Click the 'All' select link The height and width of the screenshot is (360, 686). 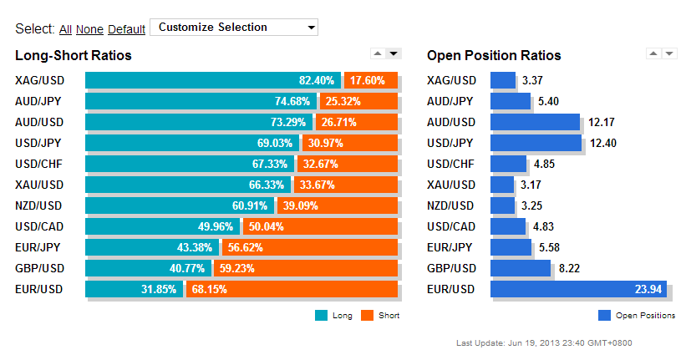(65, 29)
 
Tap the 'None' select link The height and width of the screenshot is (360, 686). (89, 29)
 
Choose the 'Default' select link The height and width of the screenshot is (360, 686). (126, 29)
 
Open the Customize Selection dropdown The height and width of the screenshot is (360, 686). (234, 27)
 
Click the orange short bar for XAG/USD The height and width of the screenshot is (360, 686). (371, 80)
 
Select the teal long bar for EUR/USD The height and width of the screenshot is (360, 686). (134, 289)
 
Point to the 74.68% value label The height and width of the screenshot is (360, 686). (292, 101)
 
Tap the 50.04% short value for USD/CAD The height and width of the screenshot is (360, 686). (266, 226)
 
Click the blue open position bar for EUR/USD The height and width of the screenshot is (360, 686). (578, 289)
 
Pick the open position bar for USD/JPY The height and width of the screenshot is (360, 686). (536, 143)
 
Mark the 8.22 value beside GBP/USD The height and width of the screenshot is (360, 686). (569, 268)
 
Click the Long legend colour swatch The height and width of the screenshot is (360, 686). (321, 316)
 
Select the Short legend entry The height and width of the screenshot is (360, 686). (380, 316)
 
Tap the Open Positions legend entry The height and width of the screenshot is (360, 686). (637, 316)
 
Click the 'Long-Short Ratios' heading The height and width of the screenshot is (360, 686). (74, 56)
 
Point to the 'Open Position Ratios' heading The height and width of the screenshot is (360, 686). (494, 56)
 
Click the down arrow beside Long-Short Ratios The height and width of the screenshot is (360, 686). (394, 53)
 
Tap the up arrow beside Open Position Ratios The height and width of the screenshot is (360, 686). (653, 53)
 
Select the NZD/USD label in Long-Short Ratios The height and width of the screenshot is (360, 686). (38, 205)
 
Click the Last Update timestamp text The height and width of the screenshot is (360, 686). (544, 343)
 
